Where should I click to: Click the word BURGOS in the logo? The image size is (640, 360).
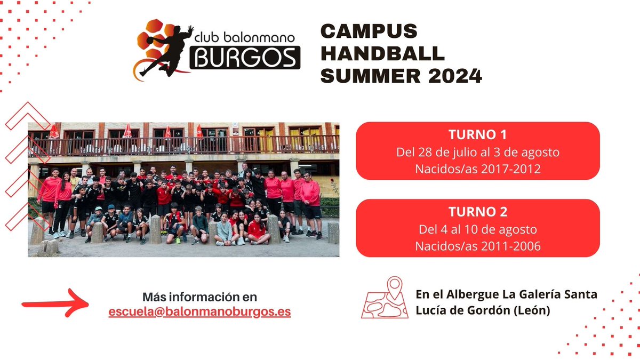[x=244, y=57]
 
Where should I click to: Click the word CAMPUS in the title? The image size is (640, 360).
[x=369, y=32]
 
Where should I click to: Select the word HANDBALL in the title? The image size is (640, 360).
[x=382, y=54]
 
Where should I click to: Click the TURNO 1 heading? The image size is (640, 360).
[x=477, y=134]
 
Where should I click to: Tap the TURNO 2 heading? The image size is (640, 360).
[x=477, y=212]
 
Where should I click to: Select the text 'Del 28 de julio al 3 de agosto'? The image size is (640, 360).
[x=477, y=152]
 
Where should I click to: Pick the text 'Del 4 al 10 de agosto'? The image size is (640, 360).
[x=477, y=229]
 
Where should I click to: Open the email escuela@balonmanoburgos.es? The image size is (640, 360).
[x=199, y=312]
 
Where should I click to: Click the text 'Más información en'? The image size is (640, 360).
[x=199, y=297]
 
